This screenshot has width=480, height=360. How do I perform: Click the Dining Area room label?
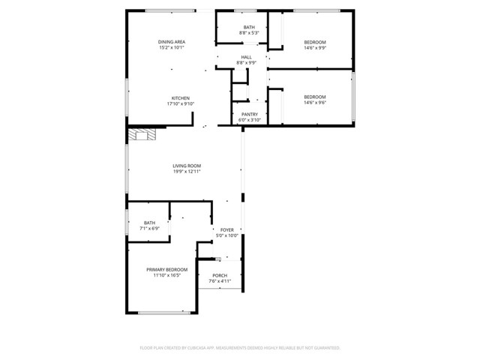[172, 41]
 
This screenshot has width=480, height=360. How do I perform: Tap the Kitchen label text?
[181, 97]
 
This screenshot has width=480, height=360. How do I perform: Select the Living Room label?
[187, 166]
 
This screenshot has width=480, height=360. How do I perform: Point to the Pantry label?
[250, 114]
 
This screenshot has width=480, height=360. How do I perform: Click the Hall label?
[246, 57]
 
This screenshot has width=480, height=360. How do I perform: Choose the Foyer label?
[226, 229]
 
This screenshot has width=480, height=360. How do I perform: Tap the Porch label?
[220, 275]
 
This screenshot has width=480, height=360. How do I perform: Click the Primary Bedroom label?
[166, 269]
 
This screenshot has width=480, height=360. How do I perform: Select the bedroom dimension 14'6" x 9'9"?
[315, 47]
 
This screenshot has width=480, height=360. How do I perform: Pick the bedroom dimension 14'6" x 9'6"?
[315, 103]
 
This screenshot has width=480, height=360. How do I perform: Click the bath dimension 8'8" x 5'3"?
[248, 33]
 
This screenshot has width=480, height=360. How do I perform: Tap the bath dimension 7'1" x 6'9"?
[150, 229]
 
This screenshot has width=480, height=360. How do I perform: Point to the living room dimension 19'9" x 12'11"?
[187, 172]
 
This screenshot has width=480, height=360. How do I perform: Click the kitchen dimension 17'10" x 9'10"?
[181, 103]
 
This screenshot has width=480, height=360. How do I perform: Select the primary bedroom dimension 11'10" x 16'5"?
[166, 275]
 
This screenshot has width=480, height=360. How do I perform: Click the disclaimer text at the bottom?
[240, 348]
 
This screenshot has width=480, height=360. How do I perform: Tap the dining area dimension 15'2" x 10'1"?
[172, 47]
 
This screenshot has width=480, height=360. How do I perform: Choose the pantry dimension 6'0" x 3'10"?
[250, 120]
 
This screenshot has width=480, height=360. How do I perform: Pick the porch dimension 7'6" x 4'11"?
[220, 281]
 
